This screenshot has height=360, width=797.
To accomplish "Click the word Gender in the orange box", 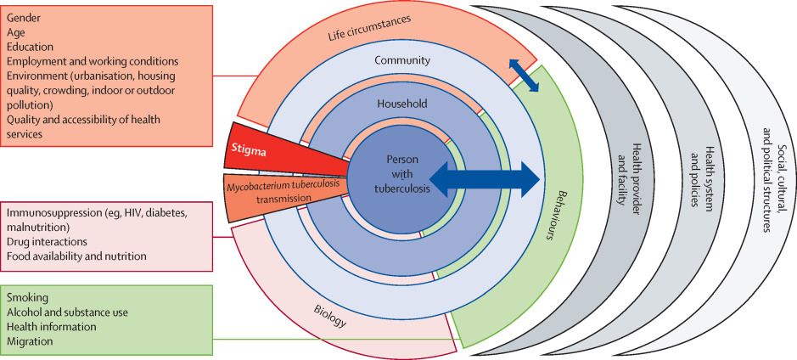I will pyautogui.click(x=25, y=17).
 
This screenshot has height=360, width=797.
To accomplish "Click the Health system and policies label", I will pyautogui.click(x=699, y=179).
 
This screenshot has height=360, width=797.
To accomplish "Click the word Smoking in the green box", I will pyautogui.click(x=28, y=298).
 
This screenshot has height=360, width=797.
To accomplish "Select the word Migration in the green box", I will pyautogui.click(x=30, y=341).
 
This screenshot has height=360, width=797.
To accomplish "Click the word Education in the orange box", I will pyautogui.click(x=31, y=47).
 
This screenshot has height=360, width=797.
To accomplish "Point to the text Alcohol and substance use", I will pyautogui.click(x=67, y=312).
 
